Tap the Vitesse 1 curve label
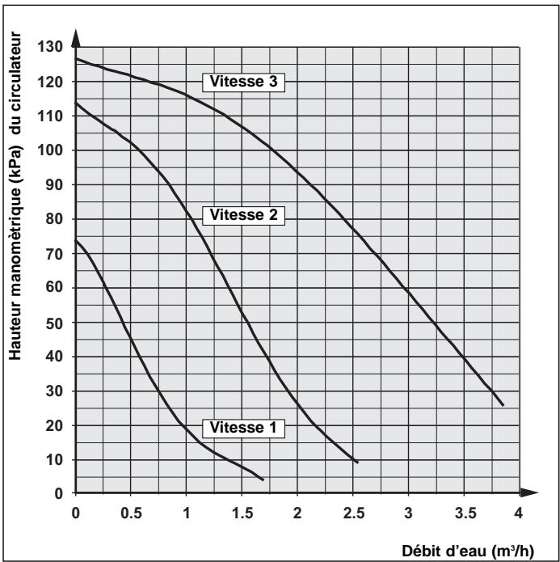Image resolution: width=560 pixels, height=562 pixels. pos(242,428)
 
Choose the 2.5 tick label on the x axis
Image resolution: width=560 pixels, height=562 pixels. pos(352,512)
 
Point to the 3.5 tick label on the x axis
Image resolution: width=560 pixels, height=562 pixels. pos(462,512)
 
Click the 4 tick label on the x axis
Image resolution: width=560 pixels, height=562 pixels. pos(518,512)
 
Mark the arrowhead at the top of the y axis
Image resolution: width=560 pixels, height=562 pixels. pos(75,37)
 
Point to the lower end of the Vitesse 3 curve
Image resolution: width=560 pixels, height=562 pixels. pos(503,405)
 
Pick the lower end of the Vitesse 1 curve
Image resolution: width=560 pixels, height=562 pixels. pos(263,480)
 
